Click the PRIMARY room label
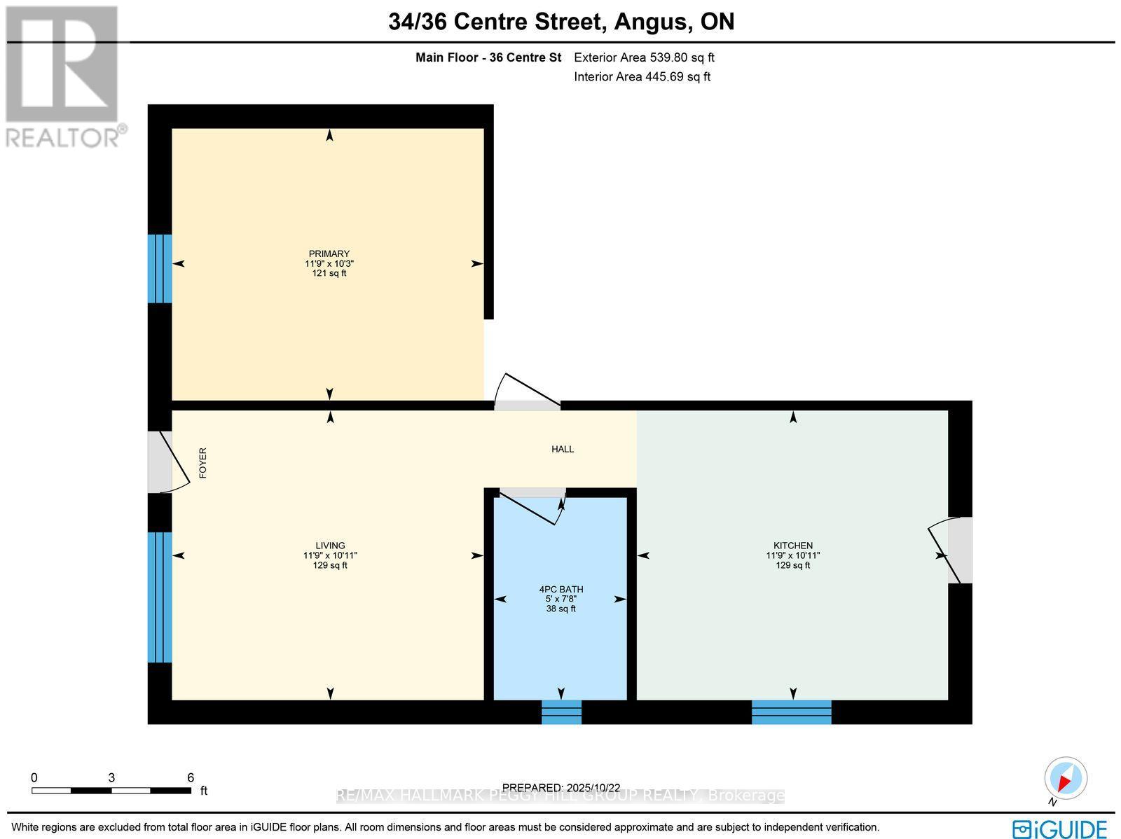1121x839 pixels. coord(329,254)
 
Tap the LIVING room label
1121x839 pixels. coord(329,546)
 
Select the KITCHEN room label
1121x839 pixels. coord(792,546)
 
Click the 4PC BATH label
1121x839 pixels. coord(560,589)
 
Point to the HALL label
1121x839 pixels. coord(562,449)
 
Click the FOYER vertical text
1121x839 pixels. coord(203,463)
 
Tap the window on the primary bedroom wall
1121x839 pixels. coord(160,268)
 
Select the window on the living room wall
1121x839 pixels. coord(160,597)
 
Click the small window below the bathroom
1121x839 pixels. coord(561,712)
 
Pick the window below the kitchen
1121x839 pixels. coord(791,712)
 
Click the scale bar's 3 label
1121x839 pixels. coord(111,777)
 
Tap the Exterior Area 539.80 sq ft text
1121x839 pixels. coord(644,58)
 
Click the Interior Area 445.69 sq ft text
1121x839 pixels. coord(642,77)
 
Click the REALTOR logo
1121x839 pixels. coord(64,77)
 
